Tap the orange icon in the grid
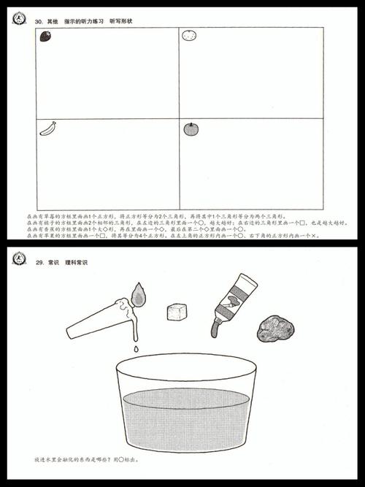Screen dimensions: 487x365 [189, 35]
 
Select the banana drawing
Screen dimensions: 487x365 [48, 129]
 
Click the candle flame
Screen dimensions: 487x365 [138, 294]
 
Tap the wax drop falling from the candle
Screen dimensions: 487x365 [137, 350]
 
